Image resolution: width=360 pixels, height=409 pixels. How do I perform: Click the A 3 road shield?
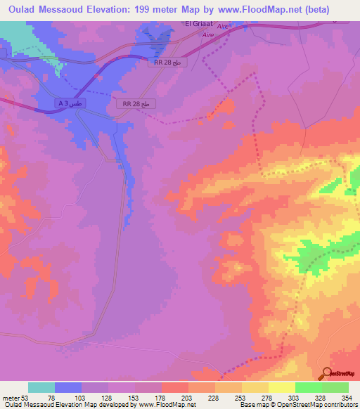tap(70, 103)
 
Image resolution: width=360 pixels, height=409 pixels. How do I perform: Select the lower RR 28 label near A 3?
tap(136, 103)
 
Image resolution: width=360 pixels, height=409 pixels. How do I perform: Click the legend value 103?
tap(82, 398)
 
